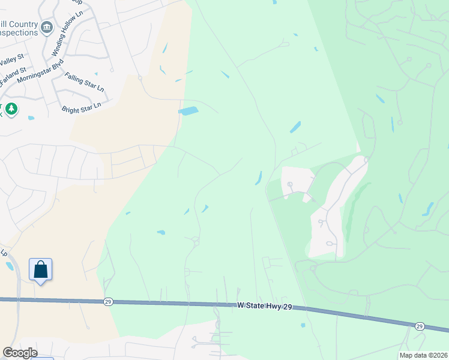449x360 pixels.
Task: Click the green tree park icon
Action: point(11,109)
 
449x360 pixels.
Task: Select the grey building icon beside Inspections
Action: point(47,27)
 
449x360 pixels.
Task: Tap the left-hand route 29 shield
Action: point(107,301)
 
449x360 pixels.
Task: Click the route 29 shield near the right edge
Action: point(420,325)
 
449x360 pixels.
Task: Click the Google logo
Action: point(19,353)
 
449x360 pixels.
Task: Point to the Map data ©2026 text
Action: point(423,355)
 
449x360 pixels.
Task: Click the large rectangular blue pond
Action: point(188,111)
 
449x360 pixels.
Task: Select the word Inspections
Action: point(18,32)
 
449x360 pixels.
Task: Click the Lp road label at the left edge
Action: point(4,252)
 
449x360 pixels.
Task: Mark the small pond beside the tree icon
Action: point(31,118)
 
